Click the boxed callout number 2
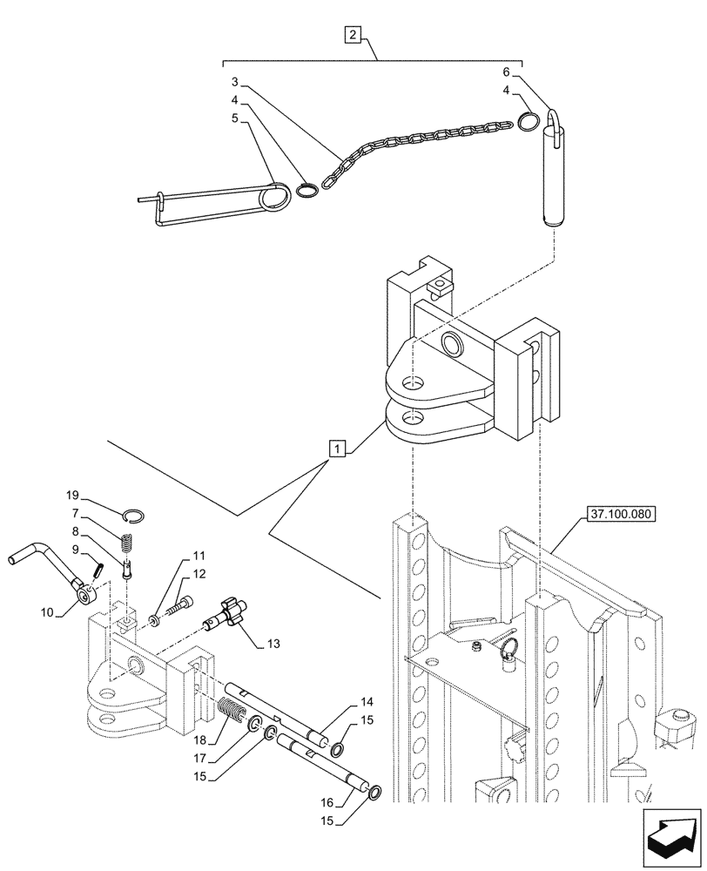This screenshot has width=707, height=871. (353, 36)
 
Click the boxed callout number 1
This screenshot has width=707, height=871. (338, 449)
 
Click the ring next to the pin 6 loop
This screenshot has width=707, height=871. (527, 122)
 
